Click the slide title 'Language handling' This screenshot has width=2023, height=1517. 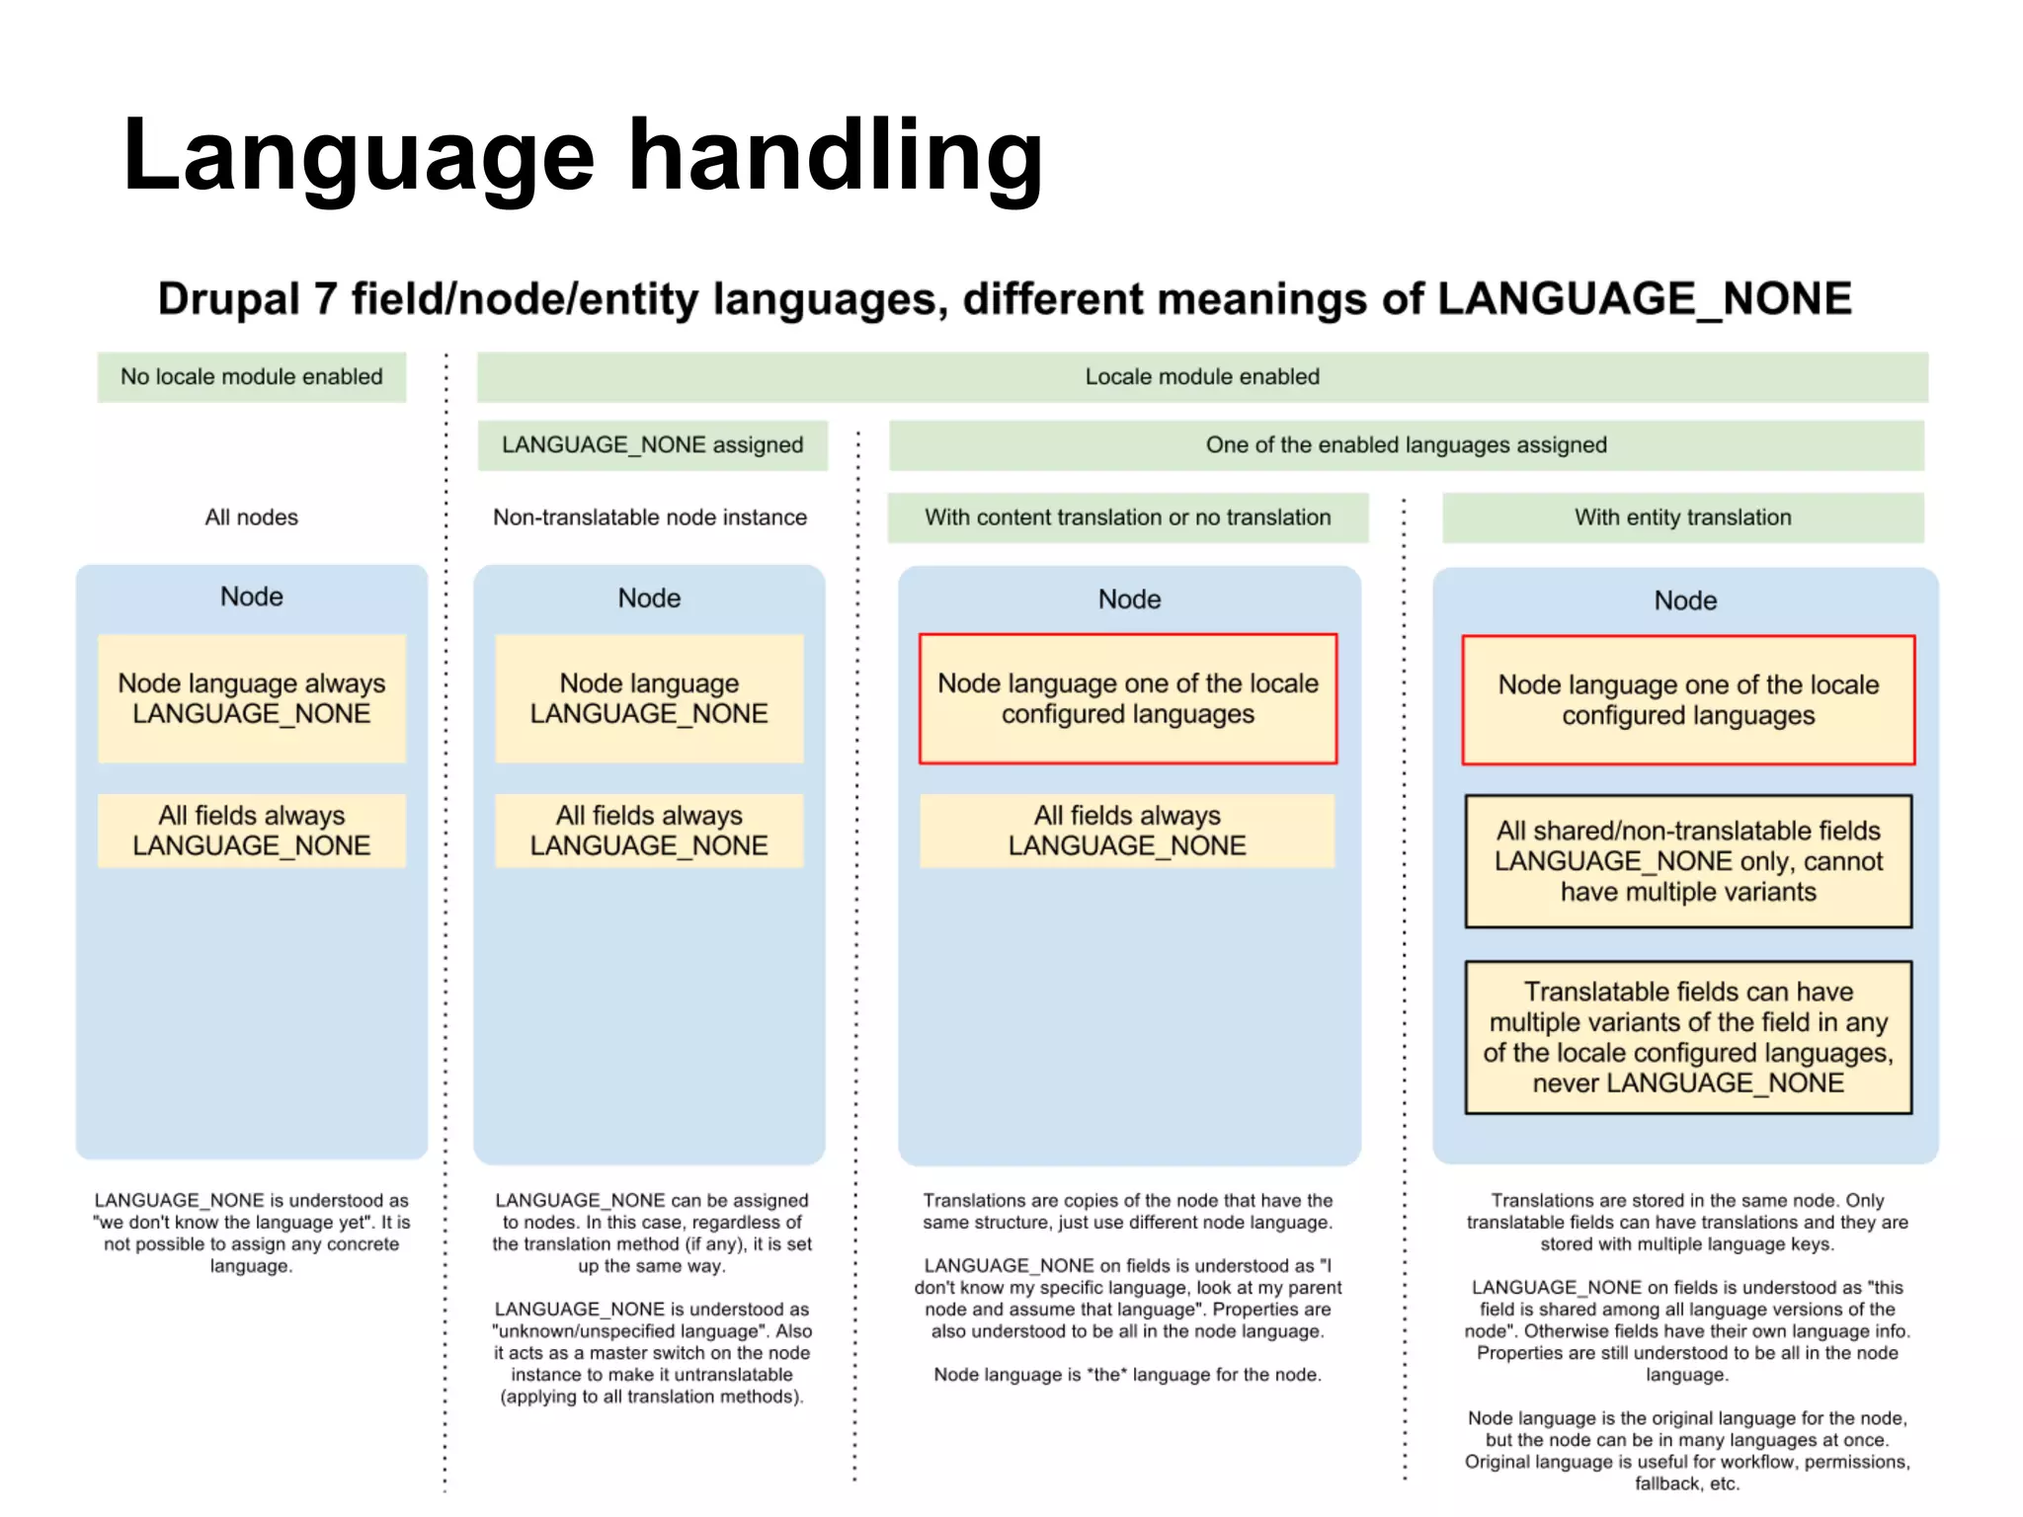(583, 155)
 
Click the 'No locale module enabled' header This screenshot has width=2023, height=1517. (251, 376)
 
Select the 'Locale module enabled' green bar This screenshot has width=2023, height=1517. (1201, 376)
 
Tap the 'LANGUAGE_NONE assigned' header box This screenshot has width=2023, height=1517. (652, 444)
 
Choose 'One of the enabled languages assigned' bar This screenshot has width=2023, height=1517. (1406, 444)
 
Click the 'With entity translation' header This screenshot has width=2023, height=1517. (1682, 518)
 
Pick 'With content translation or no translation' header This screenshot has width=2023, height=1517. (1127, 518)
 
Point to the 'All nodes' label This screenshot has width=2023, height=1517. (251, 518)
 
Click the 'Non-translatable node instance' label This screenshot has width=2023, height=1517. (650, 518)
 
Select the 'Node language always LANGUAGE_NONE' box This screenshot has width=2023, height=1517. (251, 698)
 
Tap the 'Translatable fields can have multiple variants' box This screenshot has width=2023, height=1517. (1688, 1037)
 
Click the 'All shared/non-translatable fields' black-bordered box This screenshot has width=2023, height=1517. (1688, 861)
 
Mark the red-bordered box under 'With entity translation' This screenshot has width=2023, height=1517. (1688, 699)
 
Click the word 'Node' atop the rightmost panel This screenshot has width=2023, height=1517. (1685, 600)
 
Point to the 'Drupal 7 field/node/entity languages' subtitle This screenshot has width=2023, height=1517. (1005, 299)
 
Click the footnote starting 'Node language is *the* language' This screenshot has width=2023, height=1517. (1127, 1375)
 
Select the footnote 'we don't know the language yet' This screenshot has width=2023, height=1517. (251, 1233)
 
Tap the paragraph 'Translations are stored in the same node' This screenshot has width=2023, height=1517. (1687, 1222)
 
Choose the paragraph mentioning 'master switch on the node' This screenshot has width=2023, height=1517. (652, 1352)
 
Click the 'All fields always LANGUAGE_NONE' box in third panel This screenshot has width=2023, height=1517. (1127, 831)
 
